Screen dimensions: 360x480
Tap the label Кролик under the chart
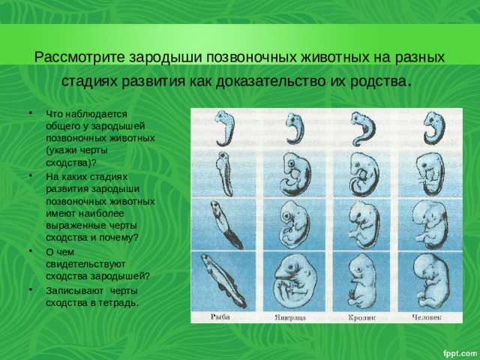click(x=361, y=317)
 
